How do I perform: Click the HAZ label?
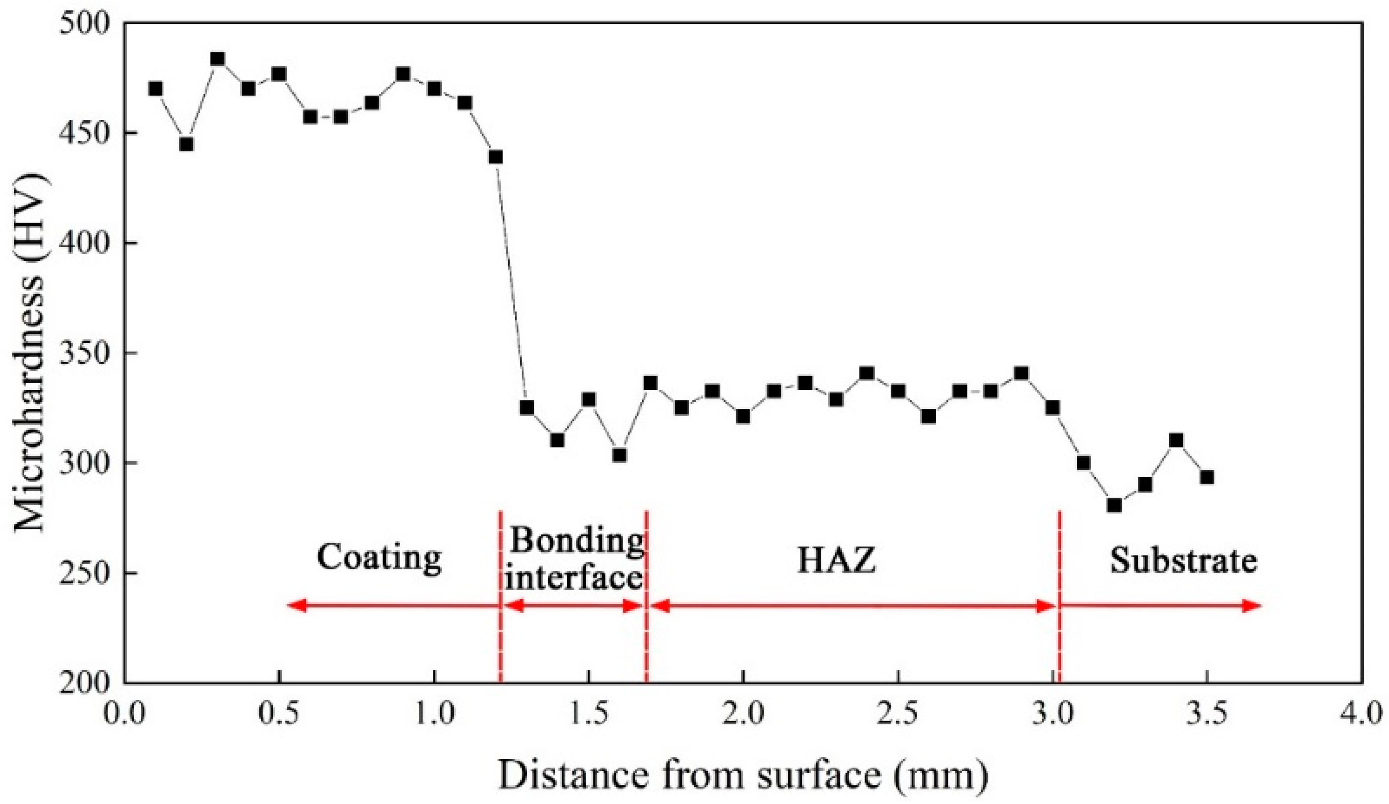[836, 561]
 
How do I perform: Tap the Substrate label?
[1183, 560]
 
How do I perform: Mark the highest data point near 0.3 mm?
[218, 60]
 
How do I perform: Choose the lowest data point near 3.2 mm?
[1114, 505]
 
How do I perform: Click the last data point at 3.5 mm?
[1207, 477]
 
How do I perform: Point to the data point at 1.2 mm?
[495, 157]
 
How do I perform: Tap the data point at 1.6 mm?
[620, 456]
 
